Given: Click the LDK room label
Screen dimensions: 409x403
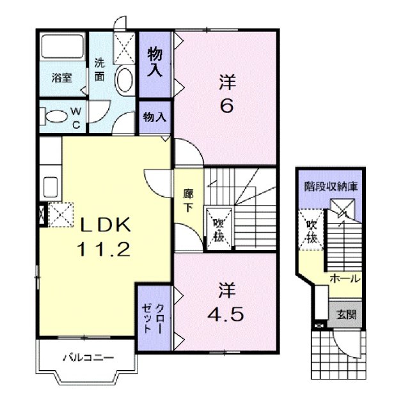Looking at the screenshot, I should pos(106,224).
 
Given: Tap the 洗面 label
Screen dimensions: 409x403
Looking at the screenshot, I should pos(100,70).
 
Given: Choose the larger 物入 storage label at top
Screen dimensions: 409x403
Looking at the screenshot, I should pos(155,62).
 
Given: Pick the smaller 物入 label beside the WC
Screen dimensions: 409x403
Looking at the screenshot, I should pos(155,117).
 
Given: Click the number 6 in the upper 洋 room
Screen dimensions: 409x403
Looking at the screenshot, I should pos(226,105).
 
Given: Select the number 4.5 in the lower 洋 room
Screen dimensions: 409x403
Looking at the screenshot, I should pos(226,314).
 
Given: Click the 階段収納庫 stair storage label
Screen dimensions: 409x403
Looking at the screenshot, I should pos(331,188).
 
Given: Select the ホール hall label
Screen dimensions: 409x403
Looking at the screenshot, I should pos(344,280).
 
